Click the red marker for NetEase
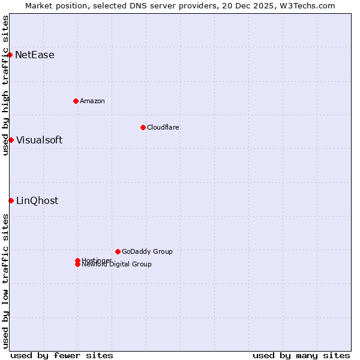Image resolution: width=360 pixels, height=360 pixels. pos(10,55)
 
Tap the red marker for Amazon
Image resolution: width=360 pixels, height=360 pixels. pos(76,101)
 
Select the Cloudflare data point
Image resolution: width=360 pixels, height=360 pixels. pos(143,127)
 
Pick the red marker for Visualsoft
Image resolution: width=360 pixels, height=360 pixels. pos(11,140)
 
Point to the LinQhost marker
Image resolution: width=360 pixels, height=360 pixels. pos(11,200)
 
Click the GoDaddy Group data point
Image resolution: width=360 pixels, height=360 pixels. pos(118,251)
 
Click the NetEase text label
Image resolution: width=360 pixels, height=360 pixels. pos(35,55)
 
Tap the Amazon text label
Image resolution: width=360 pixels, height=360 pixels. pos(92,101)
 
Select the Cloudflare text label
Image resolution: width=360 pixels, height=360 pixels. pos(163,127)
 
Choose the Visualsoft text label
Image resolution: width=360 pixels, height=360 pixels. pos(39,140)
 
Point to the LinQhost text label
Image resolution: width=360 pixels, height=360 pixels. pos(37,201)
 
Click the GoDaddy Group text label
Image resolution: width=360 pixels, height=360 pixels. pos(147,251)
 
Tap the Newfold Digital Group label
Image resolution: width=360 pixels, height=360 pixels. pos(117,265)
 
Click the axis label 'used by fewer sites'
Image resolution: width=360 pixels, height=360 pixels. pos(62,355)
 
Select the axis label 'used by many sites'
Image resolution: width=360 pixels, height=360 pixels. pos(301,355)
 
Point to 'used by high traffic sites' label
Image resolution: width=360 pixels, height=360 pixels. pos(6,85)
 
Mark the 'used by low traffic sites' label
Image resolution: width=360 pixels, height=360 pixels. pos(6,281)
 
